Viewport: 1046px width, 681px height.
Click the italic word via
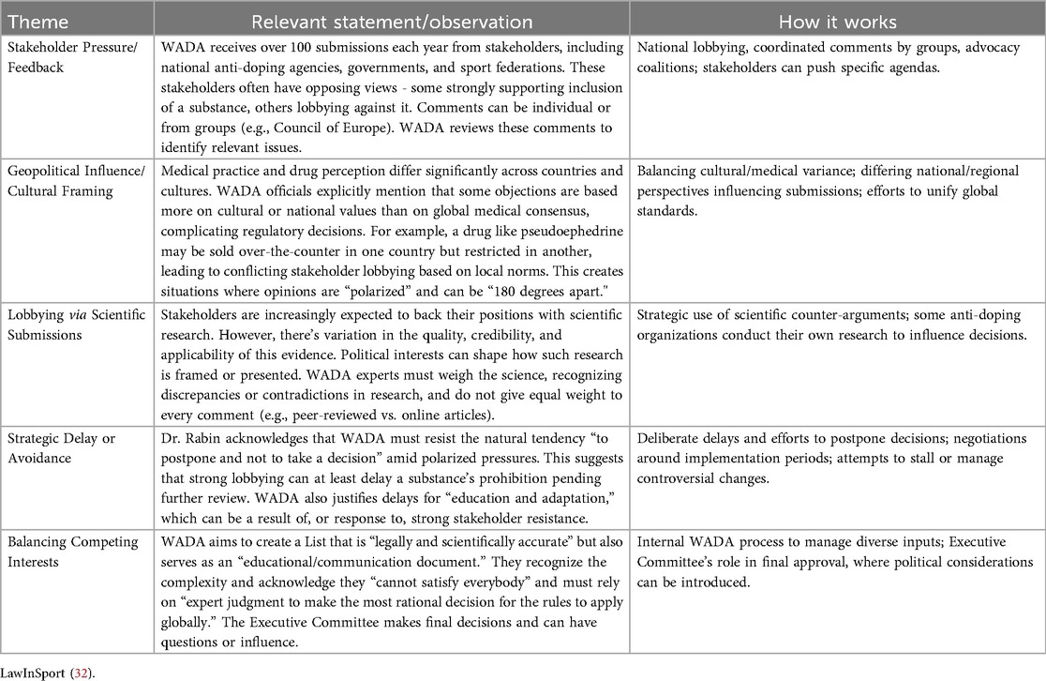[76, 314]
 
